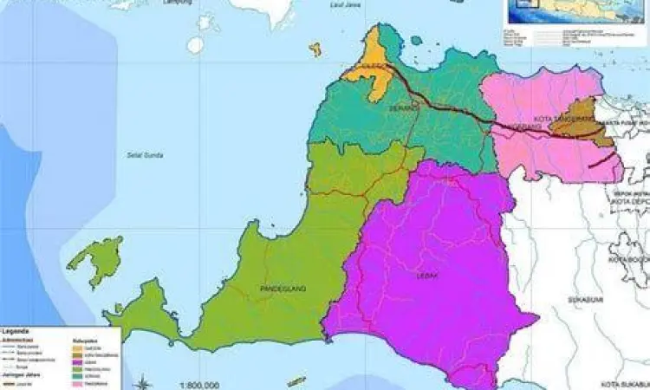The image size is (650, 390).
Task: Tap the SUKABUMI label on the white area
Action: click(x=580, y=299)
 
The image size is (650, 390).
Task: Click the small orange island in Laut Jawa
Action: click(x=315, y=49)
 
